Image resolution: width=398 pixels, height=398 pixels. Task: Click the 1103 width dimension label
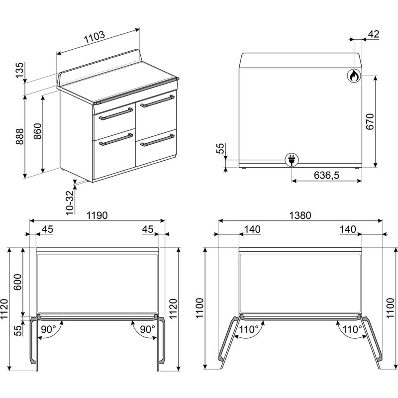[x=94, y=36]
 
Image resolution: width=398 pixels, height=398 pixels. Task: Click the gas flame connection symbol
[x=353, y=75]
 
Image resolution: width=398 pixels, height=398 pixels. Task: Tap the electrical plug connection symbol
[x=291, y=160]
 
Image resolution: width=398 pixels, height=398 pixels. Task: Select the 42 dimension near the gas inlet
[x=374, y=34]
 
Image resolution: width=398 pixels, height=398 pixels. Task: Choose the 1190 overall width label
[x=97, y=215]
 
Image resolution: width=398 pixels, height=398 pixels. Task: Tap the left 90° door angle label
[x=48, y=329]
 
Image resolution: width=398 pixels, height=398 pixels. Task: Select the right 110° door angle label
[x=352, y=329]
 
